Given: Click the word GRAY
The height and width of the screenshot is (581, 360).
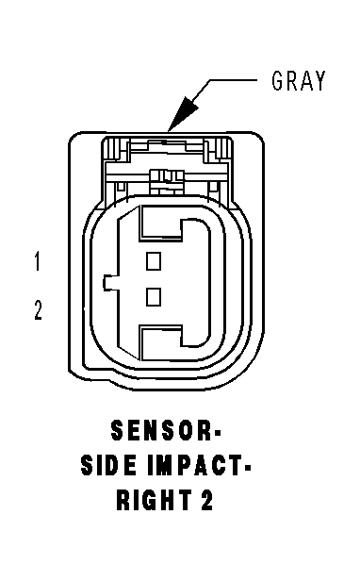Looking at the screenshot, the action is [299, 80].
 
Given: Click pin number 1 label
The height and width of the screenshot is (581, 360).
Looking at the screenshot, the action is [37, 261].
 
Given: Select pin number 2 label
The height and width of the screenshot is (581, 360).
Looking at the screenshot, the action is [38, 309].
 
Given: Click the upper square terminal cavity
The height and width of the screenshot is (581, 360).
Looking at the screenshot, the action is [154, 261].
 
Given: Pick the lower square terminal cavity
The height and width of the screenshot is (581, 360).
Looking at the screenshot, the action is [154, 297].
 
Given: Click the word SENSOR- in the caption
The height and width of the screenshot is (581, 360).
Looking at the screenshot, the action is [165, 431].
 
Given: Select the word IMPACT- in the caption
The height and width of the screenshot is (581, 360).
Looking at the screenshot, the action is [199, 465].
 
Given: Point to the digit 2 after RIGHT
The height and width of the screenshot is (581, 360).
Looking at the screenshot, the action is [207, 500].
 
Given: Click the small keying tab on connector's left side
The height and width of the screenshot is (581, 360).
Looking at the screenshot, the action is [110, 283].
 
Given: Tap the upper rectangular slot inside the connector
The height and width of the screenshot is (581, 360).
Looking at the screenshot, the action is [160, 224].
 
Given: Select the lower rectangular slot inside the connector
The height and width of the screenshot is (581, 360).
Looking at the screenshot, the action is [160, 342].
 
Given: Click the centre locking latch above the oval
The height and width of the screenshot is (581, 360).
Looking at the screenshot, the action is [166, 180].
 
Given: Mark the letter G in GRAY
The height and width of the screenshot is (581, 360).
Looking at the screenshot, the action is [278, 80].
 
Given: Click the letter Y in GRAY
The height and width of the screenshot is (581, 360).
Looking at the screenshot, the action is [319, 80].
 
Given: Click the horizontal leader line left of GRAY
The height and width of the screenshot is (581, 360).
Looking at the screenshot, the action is [233, 79].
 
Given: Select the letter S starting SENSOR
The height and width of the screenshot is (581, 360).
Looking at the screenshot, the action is [117, 431].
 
